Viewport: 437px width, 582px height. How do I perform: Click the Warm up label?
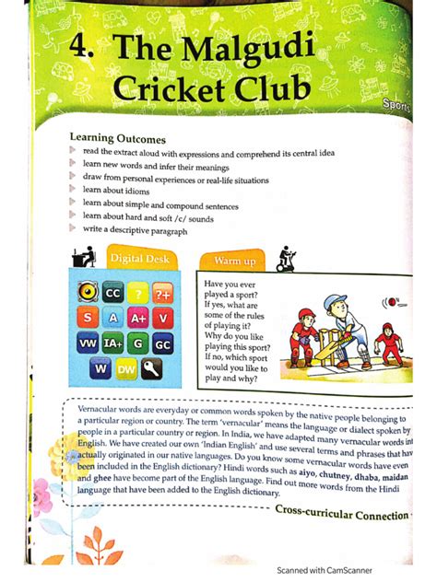pos(235,261)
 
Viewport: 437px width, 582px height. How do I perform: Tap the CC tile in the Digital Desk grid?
pos(112,293)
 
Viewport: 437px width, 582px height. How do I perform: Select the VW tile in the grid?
pos(88,344)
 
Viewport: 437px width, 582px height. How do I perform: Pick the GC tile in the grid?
pos(164,344)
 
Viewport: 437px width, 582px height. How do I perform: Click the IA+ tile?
pos(113,344)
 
